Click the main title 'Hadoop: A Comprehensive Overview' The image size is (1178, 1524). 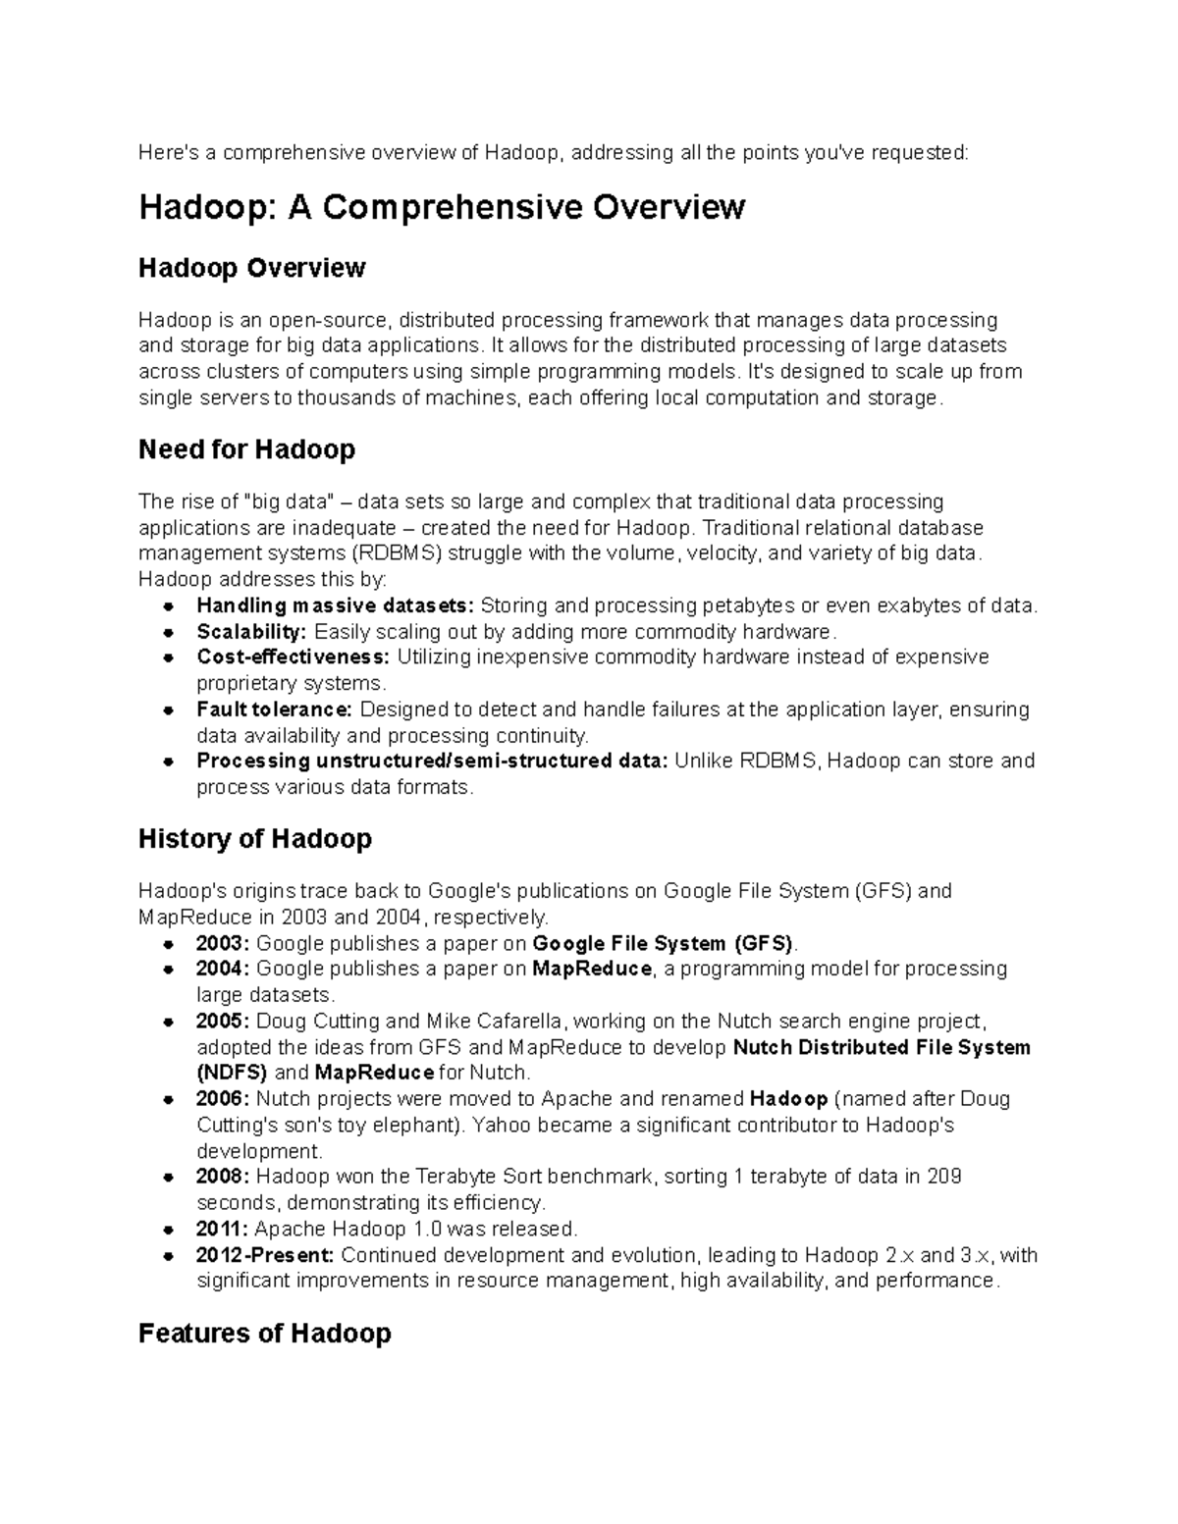point(442,208)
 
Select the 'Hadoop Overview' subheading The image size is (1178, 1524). point(251,268)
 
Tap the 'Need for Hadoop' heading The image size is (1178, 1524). point(246,449)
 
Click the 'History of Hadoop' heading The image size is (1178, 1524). point(255,839)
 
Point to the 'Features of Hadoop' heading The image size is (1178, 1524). point(265,1333)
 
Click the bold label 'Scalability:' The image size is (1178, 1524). point(251,631)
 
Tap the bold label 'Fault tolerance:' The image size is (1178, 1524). point(274,709)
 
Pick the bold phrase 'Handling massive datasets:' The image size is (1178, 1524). point(335,604)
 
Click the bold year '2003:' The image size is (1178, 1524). point(223,943)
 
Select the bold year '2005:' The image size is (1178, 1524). point(223,1021)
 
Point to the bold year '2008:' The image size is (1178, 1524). point(223,1176)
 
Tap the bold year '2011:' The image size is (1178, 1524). point(223,1229)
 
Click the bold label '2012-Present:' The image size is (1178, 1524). point(265,1255)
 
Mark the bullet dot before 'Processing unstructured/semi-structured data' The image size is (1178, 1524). point(170,762)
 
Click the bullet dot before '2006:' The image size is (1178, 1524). point(170,1099)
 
